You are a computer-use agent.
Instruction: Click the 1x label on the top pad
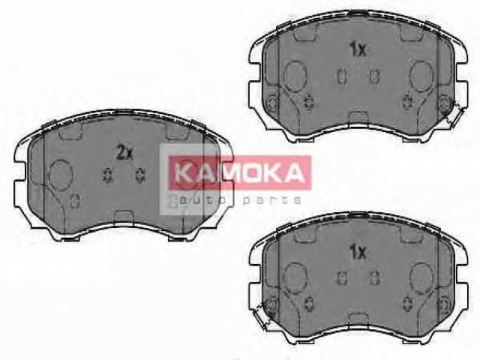[358, 49]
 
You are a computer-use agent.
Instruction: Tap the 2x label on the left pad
[124, 152]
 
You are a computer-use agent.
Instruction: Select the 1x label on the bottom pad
[358, 252]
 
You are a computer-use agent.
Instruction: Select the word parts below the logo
[271, 201]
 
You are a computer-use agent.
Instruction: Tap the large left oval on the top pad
[295, 76]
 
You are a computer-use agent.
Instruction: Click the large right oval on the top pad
[421, 76]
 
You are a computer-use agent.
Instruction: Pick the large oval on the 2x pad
[61, 175]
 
